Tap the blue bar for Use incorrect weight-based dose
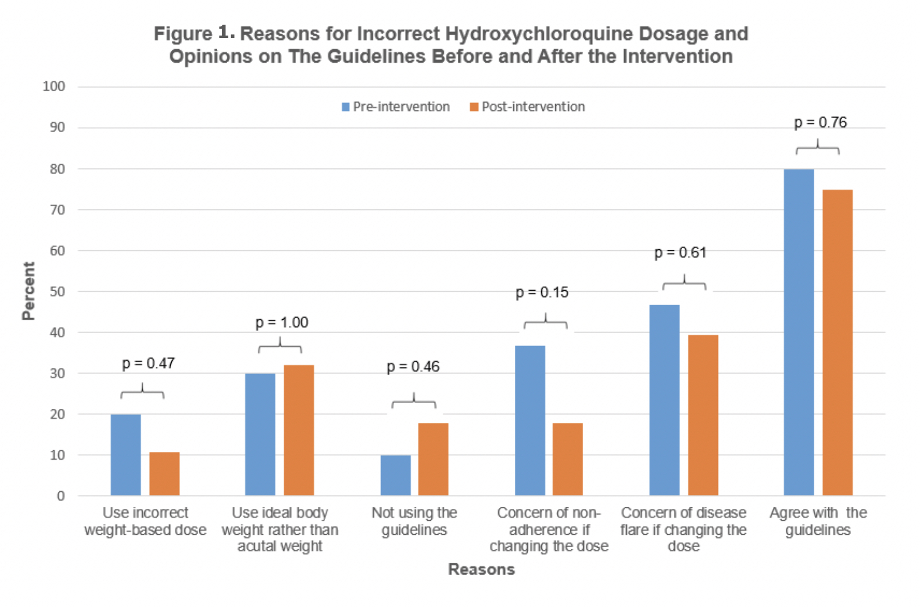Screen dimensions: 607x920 pos(126,455)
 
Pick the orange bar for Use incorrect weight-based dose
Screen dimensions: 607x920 pos(165,474)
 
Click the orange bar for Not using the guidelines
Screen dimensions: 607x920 pos(433,459)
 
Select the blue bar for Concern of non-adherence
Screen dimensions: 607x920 pos(529,421)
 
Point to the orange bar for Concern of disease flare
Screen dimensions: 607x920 pos(703,415)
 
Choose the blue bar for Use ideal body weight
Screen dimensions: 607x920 pos(260,435)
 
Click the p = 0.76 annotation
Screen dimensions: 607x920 pos(820,122)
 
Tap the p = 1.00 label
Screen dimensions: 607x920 pos(281,323)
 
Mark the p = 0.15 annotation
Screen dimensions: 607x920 pos(542,292)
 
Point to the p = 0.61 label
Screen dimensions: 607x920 pos(680,253)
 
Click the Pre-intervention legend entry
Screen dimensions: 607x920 pos(396,107)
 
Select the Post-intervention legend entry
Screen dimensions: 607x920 pos(527,107)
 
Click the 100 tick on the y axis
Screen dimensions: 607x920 pos(54,86)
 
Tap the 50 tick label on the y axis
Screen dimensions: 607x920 pos(57,291)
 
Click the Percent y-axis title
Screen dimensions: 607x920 pos(28,291)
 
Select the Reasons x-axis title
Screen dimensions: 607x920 pos(481,569)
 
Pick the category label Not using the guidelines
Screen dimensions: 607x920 pos(414,521)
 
